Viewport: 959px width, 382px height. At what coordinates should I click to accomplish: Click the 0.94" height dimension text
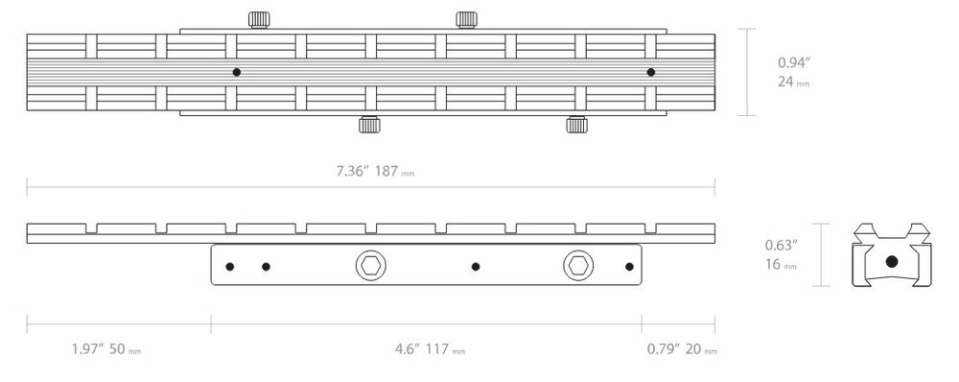coord(793,63)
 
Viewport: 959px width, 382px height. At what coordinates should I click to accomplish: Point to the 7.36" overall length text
coord(352,172)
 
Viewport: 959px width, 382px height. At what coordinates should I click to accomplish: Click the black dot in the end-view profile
coord(891,261)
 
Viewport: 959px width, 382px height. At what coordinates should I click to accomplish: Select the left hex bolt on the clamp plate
coord(367,265)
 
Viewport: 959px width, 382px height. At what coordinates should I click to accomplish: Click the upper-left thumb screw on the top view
coord(258,19)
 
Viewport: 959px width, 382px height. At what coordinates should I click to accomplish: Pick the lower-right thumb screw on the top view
coord(576,124)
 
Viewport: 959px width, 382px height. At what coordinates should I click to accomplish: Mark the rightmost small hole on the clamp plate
coord(629,266)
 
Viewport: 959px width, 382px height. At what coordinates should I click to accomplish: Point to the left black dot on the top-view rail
coord(236,72)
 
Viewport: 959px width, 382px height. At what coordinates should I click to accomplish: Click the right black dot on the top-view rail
coord(650,72)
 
